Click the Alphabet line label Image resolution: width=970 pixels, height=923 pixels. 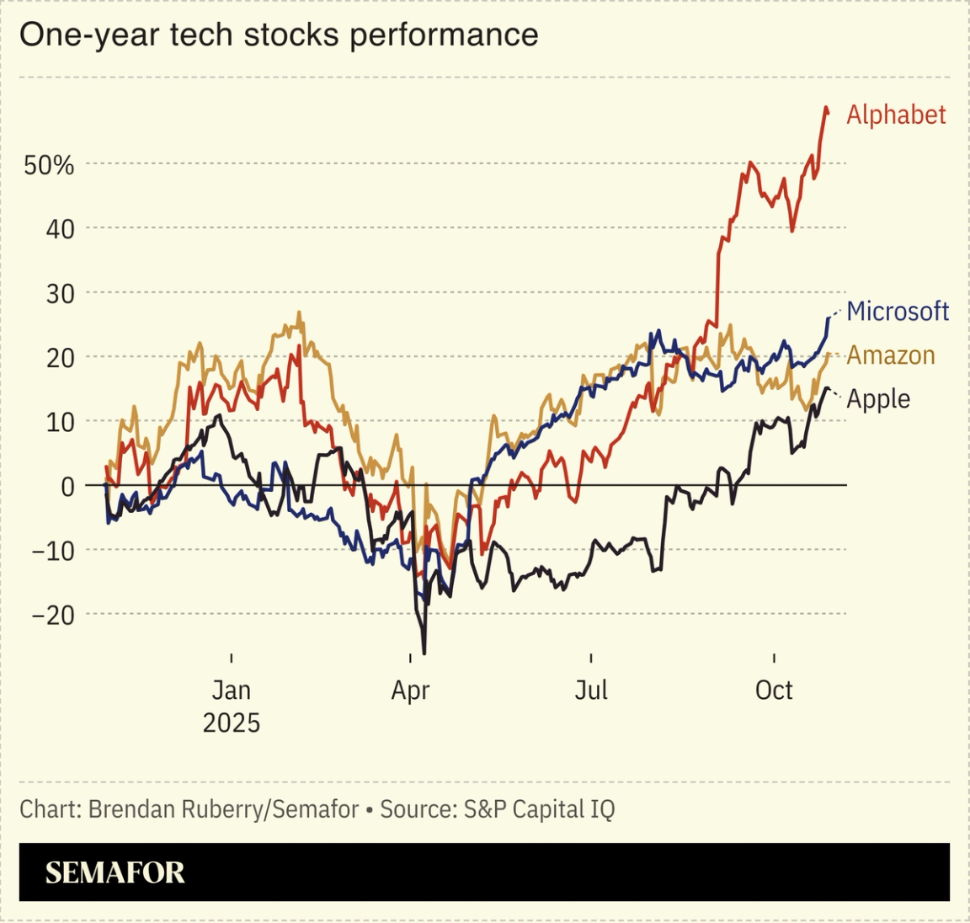(x=896, y=115)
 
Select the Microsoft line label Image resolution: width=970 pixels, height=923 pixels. (x=898, y=312)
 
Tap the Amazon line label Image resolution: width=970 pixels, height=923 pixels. (x=891, y=355)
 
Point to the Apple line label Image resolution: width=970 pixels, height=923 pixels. (x=878, y=399)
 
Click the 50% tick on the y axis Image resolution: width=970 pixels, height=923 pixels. (x=49, y=165)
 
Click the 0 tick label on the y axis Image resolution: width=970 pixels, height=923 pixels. (x=67, y=487)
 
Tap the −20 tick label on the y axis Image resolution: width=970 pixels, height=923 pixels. (x=52, y=616)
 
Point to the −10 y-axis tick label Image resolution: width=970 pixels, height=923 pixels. (x=52, y=551)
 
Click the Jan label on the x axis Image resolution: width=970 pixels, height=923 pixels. (x=231, y=691)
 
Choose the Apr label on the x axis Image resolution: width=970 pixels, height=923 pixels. (x=410, y=691)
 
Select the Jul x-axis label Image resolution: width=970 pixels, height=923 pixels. (x=591, y=691)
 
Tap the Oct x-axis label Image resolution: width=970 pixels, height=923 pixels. (x=774, y=691)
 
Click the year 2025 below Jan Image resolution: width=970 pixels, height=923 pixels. (x=231, y=723)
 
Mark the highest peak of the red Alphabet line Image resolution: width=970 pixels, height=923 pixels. (x=826, y=108)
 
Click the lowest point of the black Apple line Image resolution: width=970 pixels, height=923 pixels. (x=424, y=653)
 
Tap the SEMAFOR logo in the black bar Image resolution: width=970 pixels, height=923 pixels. (x=115, y=872)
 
